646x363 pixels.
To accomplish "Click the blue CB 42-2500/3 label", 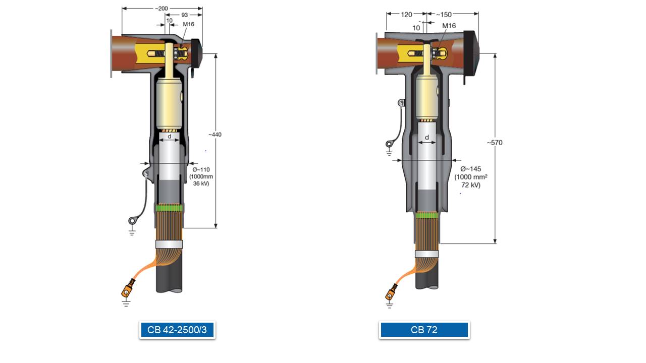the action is pos(177,330).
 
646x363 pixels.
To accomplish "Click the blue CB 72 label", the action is pos(424,330).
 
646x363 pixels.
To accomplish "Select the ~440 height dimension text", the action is pos(215,135).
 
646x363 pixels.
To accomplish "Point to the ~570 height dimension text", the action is pos(495,143).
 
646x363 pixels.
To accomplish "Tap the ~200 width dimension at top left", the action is pos(161,9).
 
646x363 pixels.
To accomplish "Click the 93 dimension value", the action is pos(185,15).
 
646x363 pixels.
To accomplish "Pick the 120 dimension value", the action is pos(406,15).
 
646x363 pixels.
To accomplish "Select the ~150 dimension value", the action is pos(444,15).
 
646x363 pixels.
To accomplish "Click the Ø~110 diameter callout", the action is pos(201,170).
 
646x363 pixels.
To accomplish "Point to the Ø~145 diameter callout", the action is pos(471,169).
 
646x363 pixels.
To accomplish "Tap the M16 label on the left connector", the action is pos(189,24).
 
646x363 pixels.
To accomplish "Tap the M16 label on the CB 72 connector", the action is pos(449,26).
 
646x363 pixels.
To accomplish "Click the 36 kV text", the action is pos(201,184).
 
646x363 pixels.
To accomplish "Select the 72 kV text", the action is pos(471,185).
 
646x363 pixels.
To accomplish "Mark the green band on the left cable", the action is pos(169,208).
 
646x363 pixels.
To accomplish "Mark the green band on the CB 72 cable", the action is pos(427,215).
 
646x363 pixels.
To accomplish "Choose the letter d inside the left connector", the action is pos(170,136).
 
